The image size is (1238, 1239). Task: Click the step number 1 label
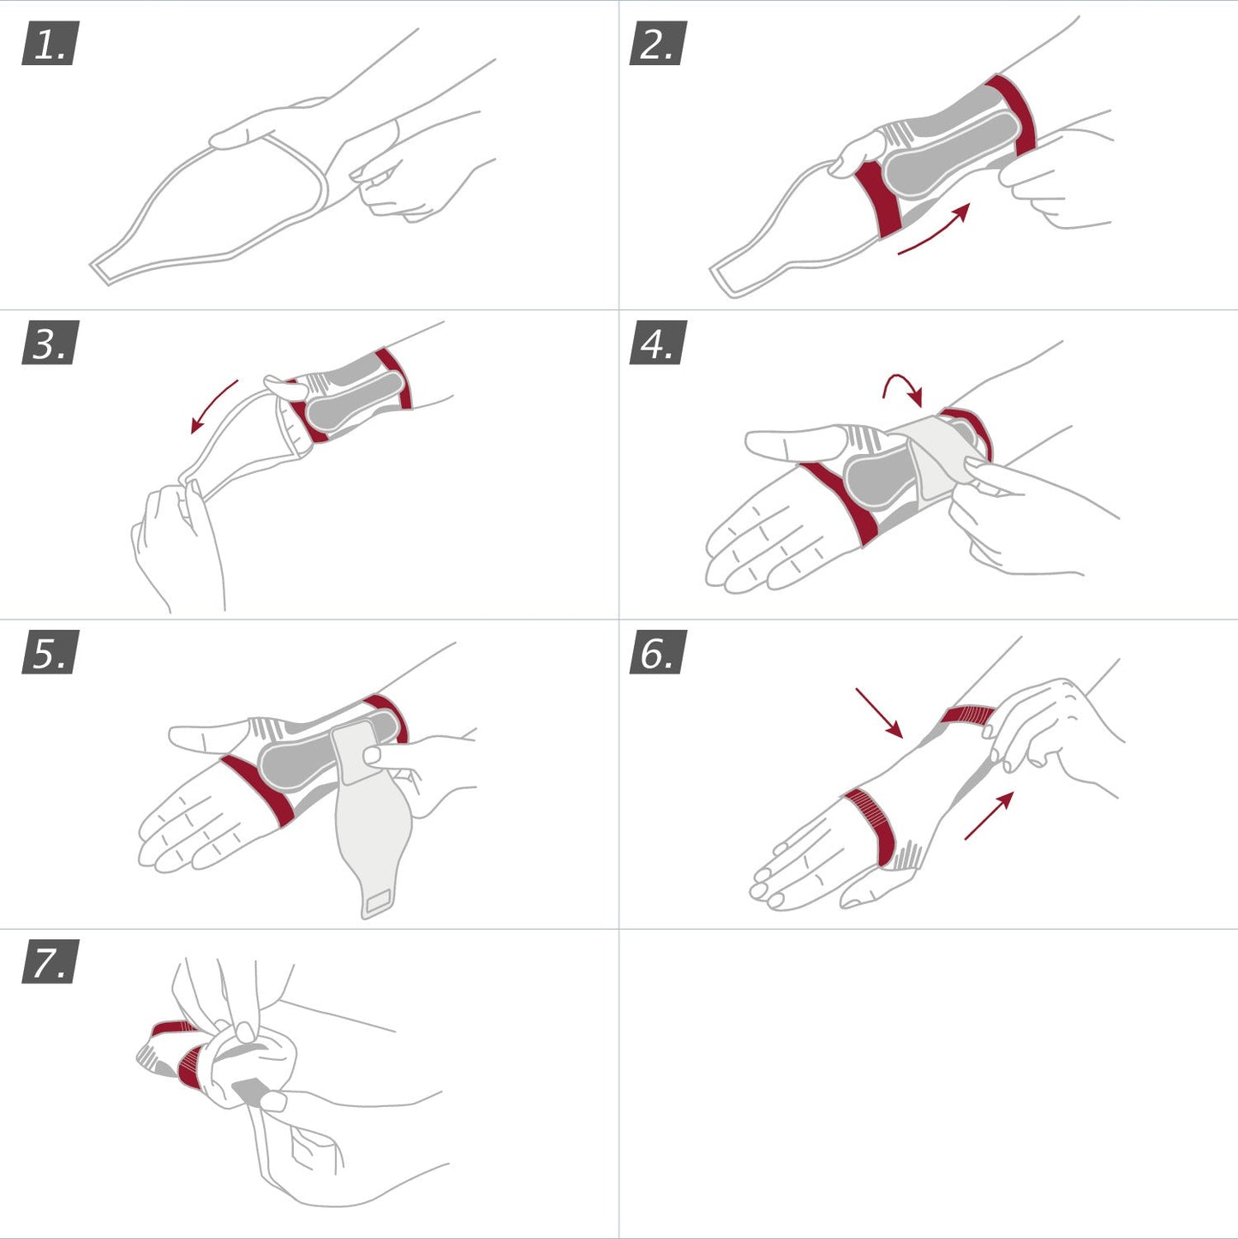(x=50, y=44)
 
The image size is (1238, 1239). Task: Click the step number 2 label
(x=657, y=44)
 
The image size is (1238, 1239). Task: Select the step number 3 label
(x=50, y=343)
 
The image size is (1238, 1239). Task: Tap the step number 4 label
(x=657, y=343)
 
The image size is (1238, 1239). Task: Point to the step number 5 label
(x=50, y=652)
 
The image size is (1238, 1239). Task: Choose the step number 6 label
(x=657, y=652)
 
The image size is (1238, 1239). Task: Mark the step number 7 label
(x=50, y=961)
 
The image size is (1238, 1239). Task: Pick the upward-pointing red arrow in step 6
(x=990, y=815)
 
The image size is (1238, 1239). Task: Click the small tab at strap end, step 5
(x=377, y=901)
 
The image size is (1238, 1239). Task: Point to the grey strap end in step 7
(x=249, y=1092)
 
